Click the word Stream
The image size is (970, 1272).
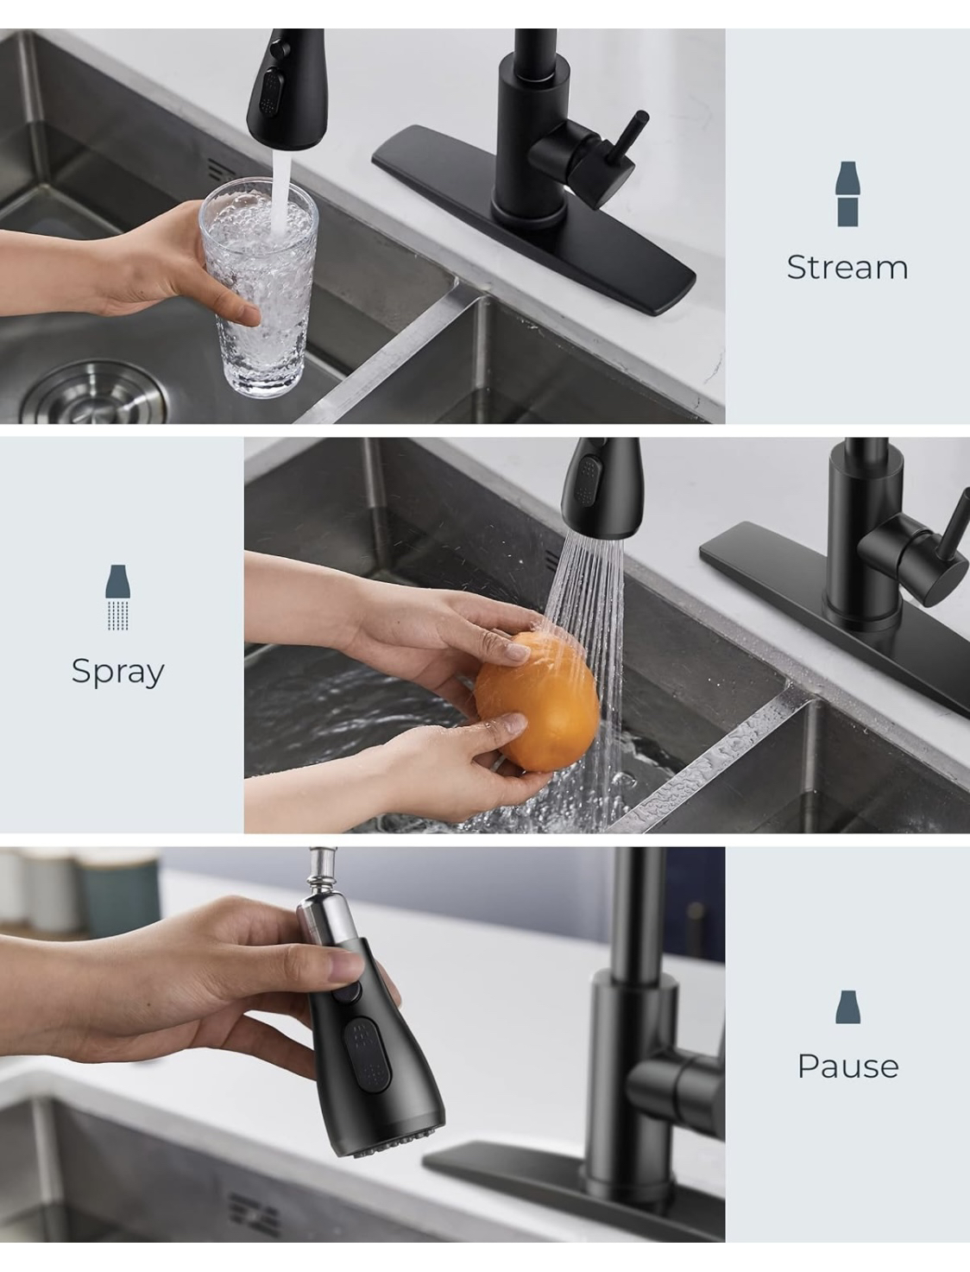click(x=847, y=268)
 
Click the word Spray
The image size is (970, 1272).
click(x=117, y=672)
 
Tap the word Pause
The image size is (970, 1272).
click(x=847, y=1066)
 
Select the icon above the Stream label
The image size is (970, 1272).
click(x=847, y=194)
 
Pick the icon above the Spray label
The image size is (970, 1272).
click(x=118, y=597)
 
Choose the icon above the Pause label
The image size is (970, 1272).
click(x=847, y=1007)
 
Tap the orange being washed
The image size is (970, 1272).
click(x=536, y=699)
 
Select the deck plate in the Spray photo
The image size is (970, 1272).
click(x=759, y=587)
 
